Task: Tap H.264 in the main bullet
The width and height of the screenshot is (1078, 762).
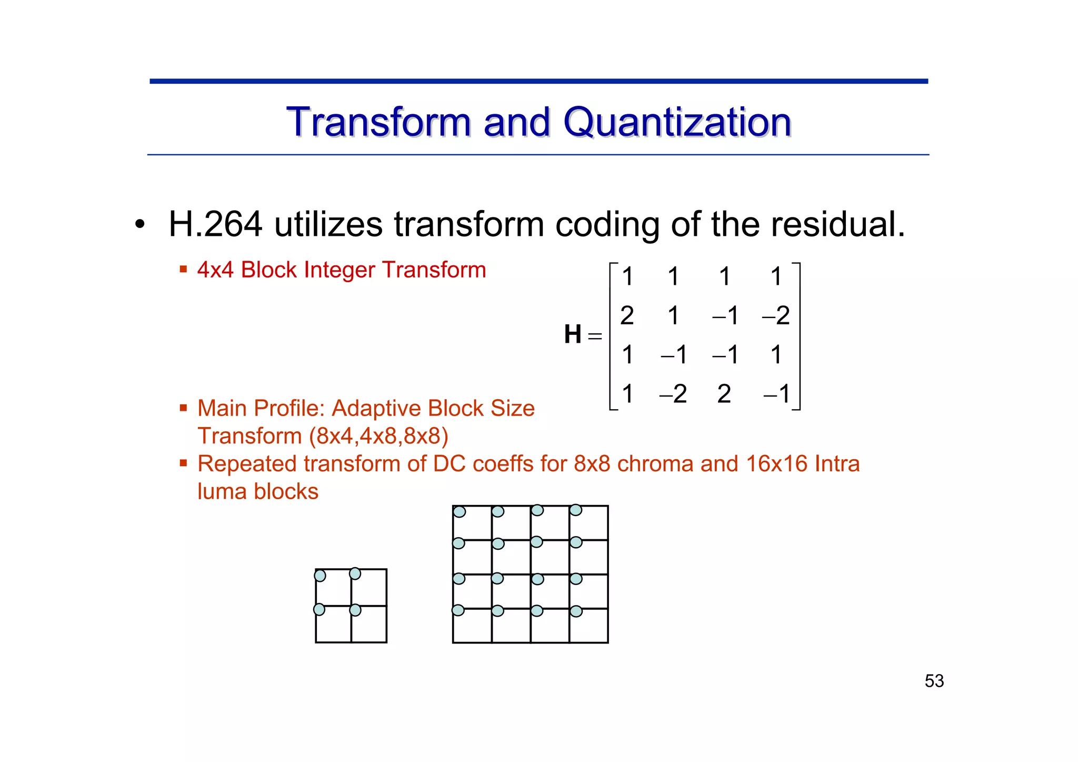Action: pyautogui.click(x=215, y=224)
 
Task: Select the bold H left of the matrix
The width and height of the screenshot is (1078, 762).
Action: pyautogui.click(x=573, y=334)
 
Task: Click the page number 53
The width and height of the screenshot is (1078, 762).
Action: pyautogui.click(x=934, y=681)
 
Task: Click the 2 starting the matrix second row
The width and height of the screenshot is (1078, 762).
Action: pyautogui.click(x=627, y=315)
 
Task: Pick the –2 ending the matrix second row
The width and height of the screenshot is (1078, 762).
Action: pyautogui.click(x=776, y=315)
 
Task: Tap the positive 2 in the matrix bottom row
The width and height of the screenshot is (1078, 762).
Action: pyautogui.click(x=724, y=394)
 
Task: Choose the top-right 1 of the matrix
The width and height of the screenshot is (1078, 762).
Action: pyautogui.click(x=776, y=276)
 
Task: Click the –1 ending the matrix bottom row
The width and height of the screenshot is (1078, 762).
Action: pyautogui.click(x=777, y=394)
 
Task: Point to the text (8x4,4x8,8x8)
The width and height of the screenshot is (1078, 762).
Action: pyautogui.click(x=378, y=436)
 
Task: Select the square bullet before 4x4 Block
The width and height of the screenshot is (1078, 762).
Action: pyautogui.click(x=183, y=270)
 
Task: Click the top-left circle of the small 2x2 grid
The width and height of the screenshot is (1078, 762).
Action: pyautogui.click(x=320, y=576)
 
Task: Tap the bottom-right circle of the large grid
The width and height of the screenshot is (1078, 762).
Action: pyautogui.click(x=576, y=611)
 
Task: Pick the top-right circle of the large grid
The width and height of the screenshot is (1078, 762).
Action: pyautogui.click(x=576, y=510)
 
